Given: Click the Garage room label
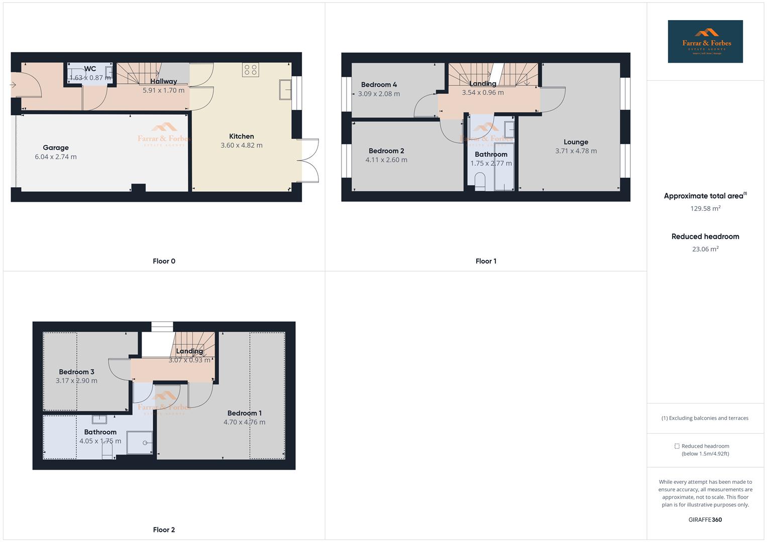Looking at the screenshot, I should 56,148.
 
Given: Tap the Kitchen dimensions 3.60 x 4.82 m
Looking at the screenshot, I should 242,146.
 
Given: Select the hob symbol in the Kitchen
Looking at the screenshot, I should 251,70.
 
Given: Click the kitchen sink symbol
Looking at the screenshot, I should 286,90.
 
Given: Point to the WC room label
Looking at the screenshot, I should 90,69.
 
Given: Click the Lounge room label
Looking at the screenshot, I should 576,142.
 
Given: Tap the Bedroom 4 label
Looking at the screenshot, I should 379,85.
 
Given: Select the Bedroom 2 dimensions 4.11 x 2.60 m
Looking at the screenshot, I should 386,160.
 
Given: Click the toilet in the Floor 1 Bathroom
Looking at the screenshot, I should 480,182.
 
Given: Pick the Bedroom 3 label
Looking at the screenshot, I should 76,372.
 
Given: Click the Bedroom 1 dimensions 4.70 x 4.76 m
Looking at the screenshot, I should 244,423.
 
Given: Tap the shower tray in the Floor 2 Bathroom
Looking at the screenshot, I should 140,443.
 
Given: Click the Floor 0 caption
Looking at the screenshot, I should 164,261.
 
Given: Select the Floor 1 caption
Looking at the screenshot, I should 486,261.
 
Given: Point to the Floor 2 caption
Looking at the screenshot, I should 164,529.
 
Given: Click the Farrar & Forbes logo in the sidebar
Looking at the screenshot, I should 705,42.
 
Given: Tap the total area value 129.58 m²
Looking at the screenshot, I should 705,209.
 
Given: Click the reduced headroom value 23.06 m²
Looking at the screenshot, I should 705,249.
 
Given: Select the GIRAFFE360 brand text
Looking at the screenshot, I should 705,520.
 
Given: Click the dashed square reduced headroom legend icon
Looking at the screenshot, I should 677,446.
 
